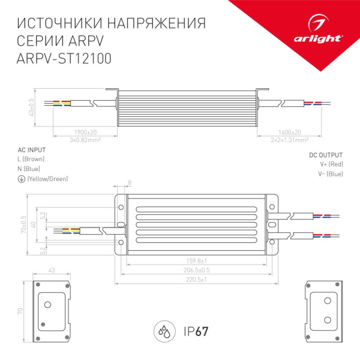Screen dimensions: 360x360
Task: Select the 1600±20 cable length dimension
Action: click(291, 133)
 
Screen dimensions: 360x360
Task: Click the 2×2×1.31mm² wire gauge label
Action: click(290, 140)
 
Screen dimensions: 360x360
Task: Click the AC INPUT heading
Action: click(31, 150)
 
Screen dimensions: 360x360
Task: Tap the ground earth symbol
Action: click(21, 179)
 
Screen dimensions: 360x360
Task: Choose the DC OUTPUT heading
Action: click(326, 154)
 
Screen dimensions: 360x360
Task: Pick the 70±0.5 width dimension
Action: click(24, 223)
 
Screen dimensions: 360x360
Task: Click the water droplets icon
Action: click(164, 331)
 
